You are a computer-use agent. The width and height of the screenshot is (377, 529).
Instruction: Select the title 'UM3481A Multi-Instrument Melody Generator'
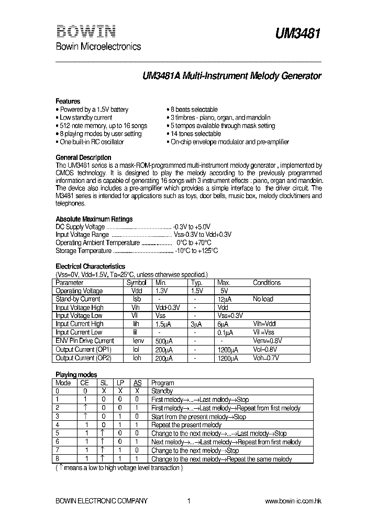click(232, 76)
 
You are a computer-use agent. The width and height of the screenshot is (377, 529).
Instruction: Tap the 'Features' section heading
click(68, 101)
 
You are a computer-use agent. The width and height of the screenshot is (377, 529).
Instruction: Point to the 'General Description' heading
click(83, 157)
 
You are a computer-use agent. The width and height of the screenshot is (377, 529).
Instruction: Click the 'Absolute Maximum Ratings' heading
click(94, 219)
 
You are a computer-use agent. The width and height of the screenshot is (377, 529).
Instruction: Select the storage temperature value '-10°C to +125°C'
click(196, 251)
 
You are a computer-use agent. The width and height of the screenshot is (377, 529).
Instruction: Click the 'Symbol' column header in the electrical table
click(136, 283)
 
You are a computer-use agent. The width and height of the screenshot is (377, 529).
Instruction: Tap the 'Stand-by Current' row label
click(78, 299)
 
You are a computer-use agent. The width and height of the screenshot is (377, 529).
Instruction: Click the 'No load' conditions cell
click(263, 299)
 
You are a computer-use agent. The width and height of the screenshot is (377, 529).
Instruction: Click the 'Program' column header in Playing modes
click(162, 383)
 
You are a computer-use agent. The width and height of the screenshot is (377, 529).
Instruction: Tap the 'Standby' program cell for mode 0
click(162, 391)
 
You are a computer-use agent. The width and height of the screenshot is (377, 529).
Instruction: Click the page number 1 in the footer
click(188, 501)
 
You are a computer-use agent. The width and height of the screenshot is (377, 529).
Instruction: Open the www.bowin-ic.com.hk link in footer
click(293, 501)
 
